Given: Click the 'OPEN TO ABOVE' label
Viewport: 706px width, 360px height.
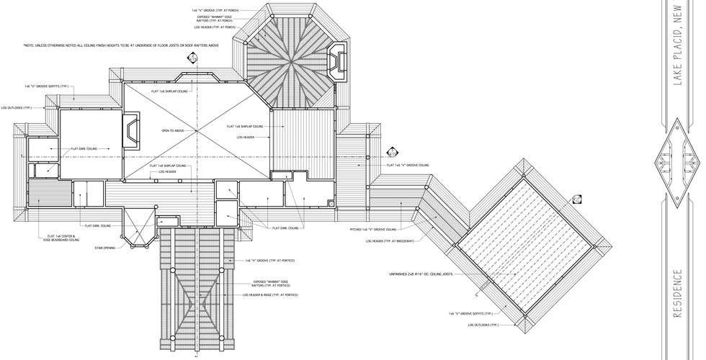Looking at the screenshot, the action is click(x=174, y=130).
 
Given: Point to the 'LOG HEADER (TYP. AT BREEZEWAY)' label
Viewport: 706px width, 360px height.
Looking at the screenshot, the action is click(x=390, y=241).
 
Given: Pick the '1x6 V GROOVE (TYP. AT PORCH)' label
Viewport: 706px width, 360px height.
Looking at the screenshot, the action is click(x=213, y=11).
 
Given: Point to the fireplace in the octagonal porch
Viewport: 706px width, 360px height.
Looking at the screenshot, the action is click(x=337, y=60).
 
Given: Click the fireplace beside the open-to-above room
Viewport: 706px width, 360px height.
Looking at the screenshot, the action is click(x=134, y=130).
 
